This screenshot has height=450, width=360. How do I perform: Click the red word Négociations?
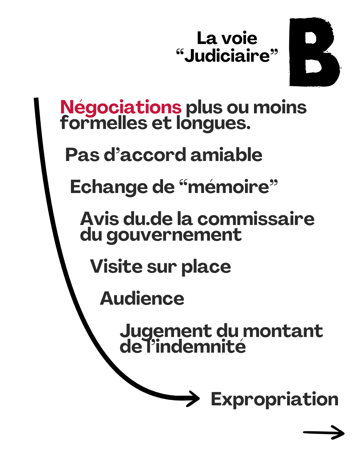point(121,107)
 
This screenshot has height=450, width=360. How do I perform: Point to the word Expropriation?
point(274,399)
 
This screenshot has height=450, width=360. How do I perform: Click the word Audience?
point(142,298)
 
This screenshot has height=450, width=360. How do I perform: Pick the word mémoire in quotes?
point(228,187)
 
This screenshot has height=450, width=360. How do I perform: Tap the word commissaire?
point(256,219)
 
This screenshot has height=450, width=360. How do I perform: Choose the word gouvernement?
point(174,235)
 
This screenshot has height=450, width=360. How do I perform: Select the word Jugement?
point(166,331)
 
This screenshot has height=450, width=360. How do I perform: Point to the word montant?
point(283,331)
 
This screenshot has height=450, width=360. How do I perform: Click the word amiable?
point(226,155)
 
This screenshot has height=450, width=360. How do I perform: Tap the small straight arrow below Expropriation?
point(323,432)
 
